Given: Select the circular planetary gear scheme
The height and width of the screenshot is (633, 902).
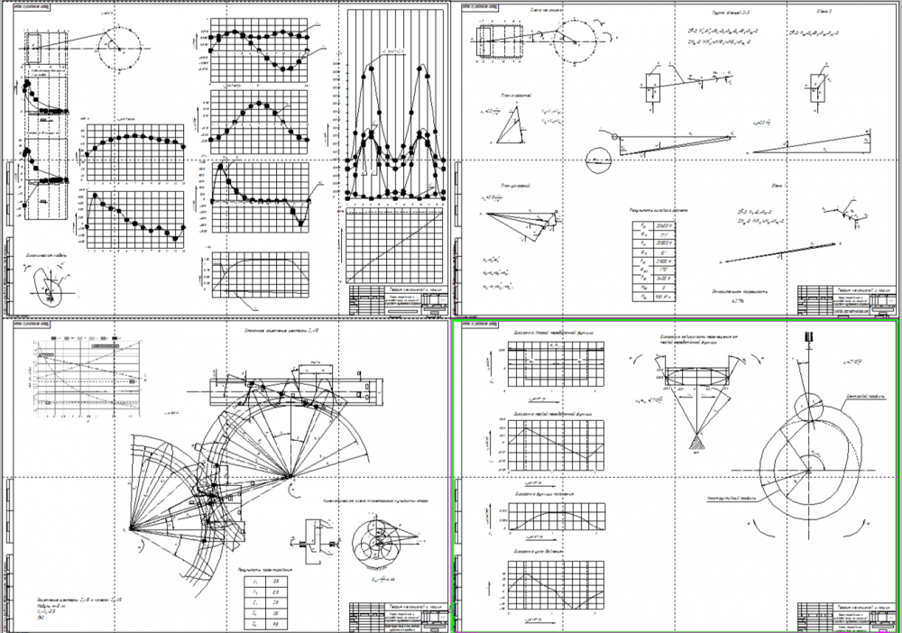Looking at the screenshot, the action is point(377,540).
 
